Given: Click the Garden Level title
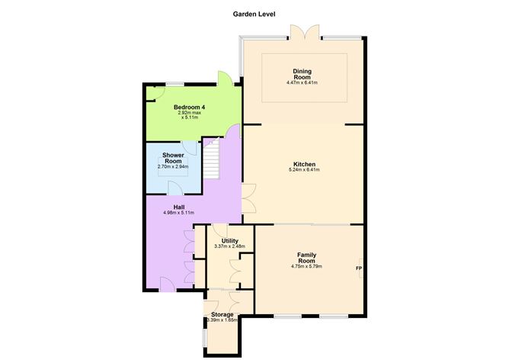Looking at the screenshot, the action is [254, 14].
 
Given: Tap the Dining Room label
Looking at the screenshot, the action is [303, 74].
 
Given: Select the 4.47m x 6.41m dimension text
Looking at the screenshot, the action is [302, 83].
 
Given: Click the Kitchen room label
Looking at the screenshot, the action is [304, 164].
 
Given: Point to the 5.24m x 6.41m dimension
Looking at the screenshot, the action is [304, 169].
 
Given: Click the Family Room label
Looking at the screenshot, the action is [307, 258].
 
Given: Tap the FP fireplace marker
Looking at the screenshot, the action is [359, 268].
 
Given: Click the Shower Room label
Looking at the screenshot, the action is [173, 158].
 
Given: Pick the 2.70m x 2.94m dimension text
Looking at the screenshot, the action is [173, 167].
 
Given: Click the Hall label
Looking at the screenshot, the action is [179, 207].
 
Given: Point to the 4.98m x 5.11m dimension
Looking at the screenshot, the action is [179, 213].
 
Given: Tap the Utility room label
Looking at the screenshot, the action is [230, 241].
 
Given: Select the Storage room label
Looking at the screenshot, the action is [222, 314].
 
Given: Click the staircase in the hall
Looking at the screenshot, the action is [212, 159].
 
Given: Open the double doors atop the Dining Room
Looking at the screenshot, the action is [305, 32].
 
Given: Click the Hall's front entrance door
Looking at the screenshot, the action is [168, 284].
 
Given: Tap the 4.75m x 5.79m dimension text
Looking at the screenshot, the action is [307, 266].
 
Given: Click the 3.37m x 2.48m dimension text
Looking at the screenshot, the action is [230, 246].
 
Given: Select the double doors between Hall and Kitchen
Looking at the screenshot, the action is [249, 198].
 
